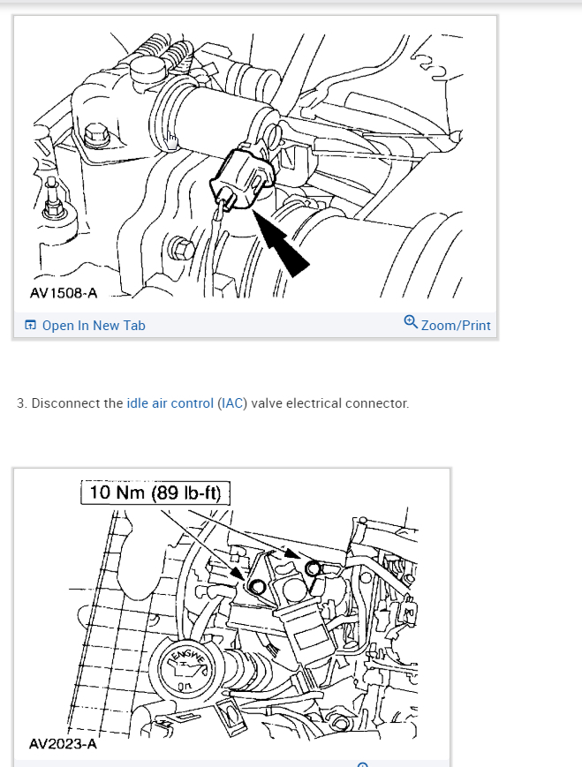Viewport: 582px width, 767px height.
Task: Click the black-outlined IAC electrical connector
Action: click(239, 179)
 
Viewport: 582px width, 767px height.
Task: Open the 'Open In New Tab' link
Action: click(93, 326)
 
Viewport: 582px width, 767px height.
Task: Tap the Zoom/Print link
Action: click(456, 326)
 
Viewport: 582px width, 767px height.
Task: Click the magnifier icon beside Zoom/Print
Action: click(411, 323)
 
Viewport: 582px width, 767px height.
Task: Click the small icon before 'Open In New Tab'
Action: click(31, 326)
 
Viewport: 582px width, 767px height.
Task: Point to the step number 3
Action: click(21, 403)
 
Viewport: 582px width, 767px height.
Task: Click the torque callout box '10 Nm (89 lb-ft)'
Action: click(155, 493)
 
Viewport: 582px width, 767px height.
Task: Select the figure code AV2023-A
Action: click(63, 744)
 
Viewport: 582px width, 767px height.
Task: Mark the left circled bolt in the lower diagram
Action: click(257, 586)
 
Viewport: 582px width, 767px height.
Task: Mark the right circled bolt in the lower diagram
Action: click(311, 568)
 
